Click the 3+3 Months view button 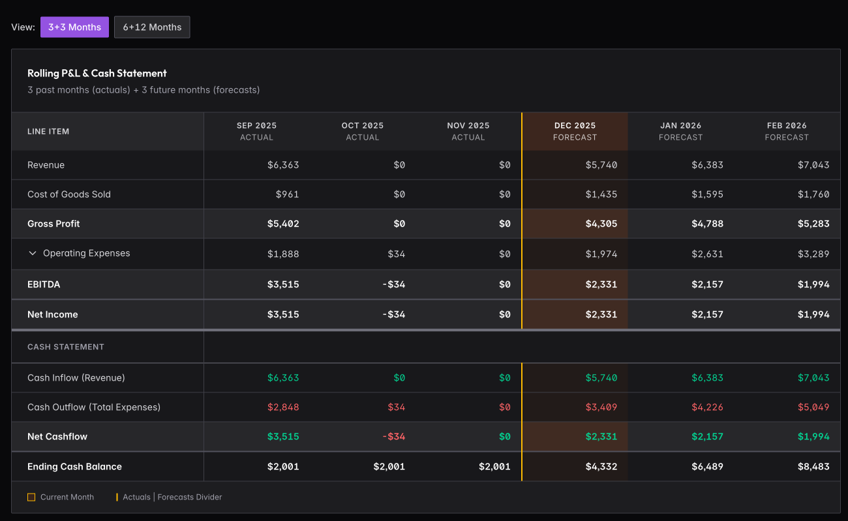pos(74,27)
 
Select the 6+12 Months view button pos(152,27)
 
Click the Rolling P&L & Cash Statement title pos(97,73)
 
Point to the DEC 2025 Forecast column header pos(575,131)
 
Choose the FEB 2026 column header pos(787,131)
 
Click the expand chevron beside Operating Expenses pos(33,253)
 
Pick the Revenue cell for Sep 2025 pos(283,165)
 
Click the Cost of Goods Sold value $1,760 pos(813,195)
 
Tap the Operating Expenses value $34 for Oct pos(396,253)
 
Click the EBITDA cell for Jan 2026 pos(707,285)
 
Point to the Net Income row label pos(53,315)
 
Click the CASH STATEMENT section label pos(66,347)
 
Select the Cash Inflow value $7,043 pos(813,378)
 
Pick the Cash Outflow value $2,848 pos(283,407)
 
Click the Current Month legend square pos(31,497)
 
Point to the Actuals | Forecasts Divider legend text pos(172,497)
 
